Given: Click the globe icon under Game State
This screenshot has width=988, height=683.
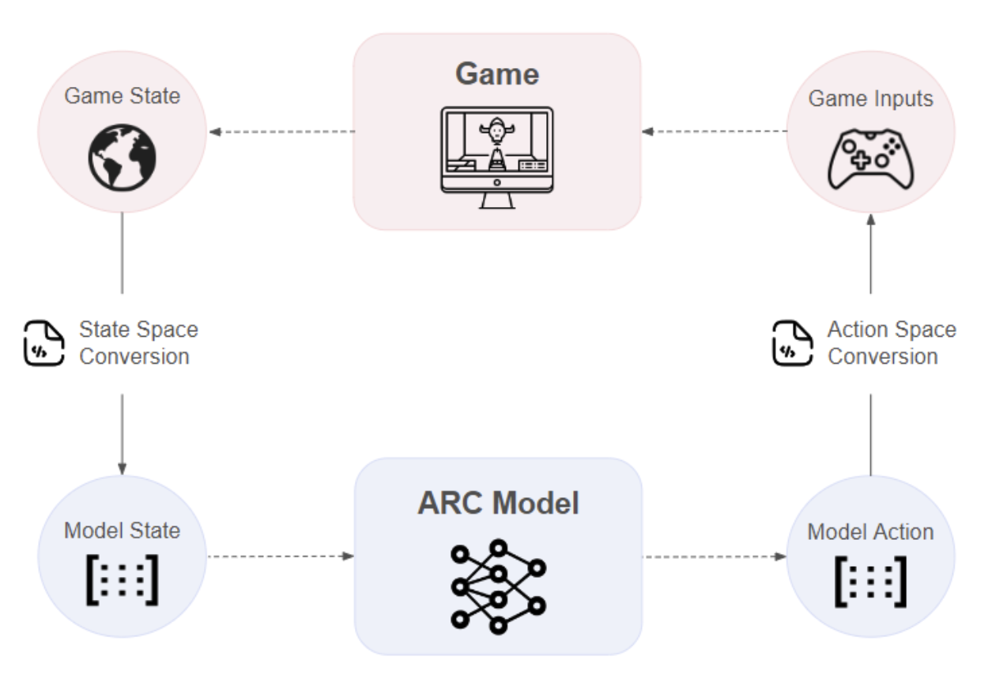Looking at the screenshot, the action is coord(123,157).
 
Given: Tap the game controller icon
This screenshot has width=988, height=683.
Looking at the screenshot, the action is coord(871,159).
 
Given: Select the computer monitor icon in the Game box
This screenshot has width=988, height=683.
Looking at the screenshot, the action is coord(497,157).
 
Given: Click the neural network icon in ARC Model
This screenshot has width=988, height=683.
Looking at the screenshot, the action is coord(499,587).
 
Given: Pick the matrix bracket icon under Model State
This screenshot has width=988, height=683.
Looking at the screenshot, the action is coord(123,579).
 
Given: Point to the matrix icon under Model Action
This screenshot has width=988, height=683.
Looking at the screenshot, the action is coord(871,582).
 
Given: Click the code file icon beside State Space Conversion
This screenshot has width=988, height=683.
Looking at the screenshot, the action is coord(43,343).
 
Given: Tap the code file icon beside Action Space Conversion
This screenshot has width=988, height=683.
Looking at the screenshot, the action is coord(792,343).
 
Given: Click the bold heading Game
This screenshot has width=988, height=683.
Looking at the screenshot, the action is coord(497,74).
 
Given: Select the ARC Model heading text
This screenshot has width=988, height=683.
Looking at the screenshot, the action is coord(498,503).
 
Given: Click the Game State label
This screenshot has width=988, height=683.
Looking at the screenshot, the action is coord(123,96).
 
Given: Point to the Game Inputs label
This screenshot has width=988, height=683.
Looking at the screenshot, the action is coord(871,98).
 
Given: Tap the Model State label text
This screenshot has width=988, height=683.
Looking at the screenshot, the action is coord(123,530).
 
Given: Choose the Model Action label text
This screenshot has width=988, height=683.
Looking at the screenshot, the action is coord(871,532).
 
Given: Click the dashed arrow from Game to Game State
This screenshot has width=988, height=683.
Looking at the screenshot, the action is coord(282,131).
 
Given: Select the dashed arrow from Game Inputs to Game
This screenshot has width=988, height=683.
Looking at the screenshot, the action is coord(714,131).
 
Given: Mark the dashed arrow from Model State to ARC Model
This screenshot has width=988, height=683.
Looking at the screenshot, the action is coord(281,557).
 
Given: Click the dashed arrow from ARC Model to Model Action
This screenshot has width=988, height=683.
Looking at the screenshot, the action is coord(715,557).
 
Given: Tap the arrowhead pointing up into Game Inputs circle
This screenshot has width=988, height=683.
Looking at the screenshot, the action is coord(871,220).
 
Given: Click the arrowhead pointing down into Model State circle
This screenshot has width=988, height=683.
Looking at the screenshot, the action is coord(123,469).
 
